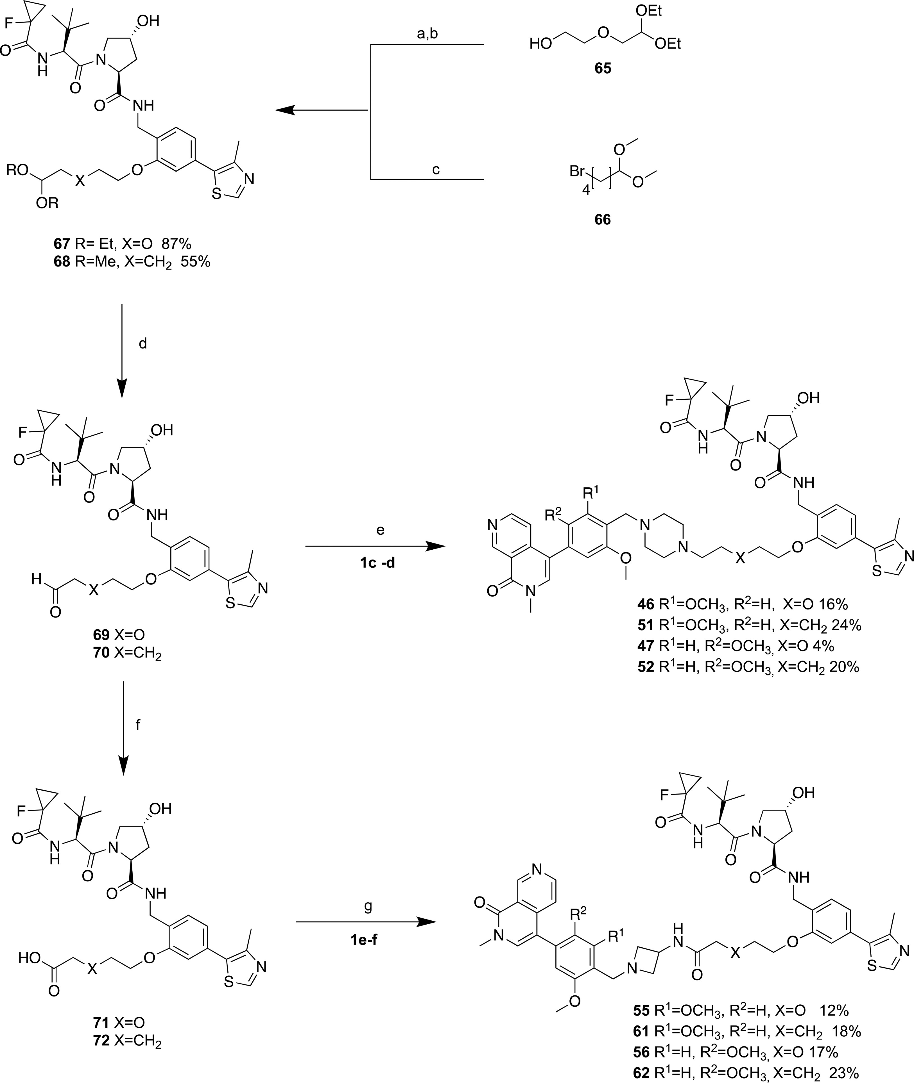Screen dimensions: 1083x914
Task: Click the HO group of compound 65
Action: point(540,45)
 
